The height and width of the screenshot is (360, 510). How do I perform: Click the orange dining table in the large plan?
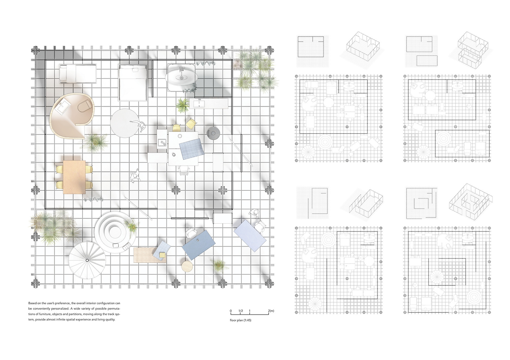tap(74, 177)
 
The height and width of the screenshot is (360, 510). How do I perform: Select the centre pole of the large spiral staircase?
tap(87, 260)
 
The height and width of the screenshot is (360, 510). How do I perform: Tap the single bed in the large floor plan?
tap(78, 74)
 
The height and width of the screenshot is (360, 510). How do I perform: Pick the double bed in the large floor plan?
tap(133, 82)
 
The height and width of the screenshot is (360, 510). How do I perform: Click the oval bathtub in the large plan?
tap(181, 78)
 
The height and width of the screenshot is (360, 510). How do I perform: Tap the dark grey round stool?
tap(213, 133)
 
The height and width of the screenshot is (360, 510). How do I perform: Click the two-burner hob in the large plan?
tap(162, 143)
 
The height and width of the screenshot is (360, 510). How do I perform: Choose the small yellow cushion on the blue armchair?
tap(162, 255)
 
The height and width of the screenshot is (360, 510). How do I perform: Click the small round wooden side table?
tap(187, 266)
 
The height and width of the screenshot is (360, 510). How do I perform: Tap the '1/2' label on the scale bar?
tap(240, 311)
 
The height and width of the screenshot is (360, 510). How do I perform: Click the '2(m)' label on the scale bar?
tap(271, 311)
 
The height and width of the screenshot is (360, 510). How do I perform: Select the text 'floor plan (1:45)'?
tap(240, 320)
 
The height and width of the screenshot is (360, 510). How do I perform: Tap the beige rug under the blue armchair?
tap(149, 255)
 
